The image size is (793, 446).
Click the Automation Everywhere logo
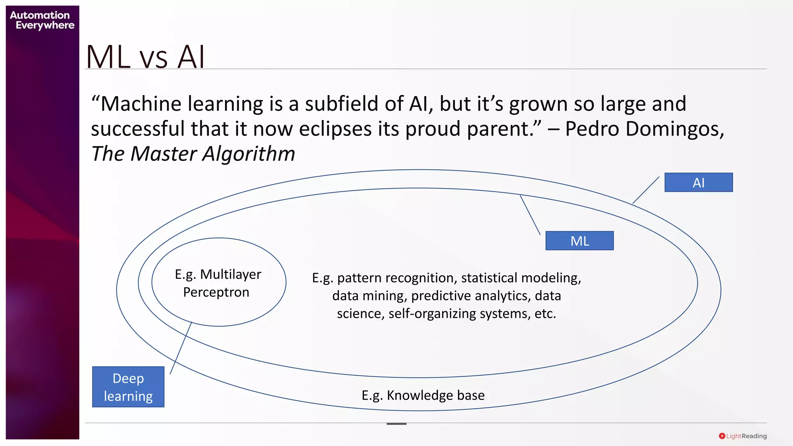tap(42, 20)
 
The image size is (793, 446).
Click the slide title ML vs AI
tap(145, 57)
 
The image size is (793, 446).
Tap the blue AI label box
tap(698, 182)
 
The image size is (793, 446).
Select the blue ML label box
tap(579, 241)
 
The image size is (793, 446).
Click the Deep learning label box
tap(128, 387)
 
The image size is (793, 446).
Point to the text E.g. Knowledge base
tap(423, 395)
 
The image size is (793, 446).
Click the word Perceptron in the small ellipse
tap(216, 292)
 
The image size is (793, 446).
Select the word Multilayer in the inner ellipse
tap(231, 274)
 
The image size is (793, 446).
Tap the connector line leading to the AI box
tap(646, 190)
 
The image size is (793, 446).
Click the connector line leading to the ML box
tap(530, 215)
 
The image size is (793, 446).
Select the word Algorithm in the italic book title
tap(249, 154)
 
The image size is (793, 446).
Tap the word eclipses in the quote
tap(335, 129)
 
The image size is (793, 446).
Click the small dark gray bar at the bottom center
tap(396, 424)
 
